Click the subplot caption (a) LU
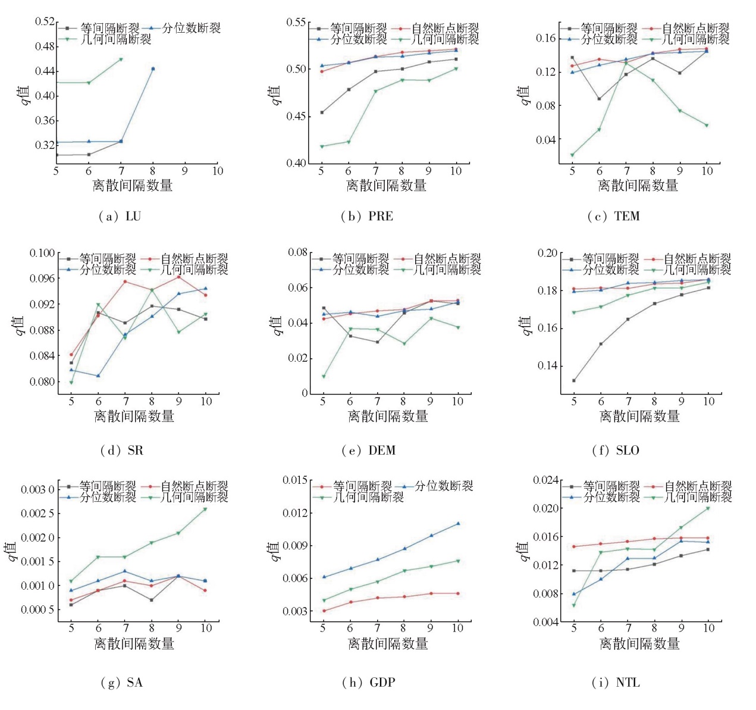coord(120,216)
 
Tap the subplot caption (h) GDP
coord(369,682)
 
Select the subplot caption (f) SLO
coord(616,450)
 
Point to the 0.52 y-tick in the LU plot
coord(45,21)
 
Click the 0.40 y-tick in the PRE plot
coord(296,163)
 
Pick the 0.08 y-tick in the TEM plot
coord(545,106)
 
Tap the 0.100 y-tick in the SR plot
coord(42,253)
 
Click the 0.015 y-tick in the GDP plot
coord(295,480)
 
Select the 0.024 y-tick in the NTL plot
coord(545,480)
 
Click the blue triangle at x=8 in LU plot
coord(153,69)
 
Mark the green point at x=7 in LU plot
coord(121,59)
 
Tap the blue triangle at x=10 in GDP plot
coord(458,524)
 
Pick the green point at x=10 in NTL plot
coord(708,508)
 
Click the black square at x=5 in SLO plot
coord(574,380)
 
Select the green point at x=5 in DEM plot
coord(323,376)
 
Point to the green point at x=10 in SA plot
coord(205,509)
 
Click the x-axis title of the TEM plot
coord(638,186)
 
